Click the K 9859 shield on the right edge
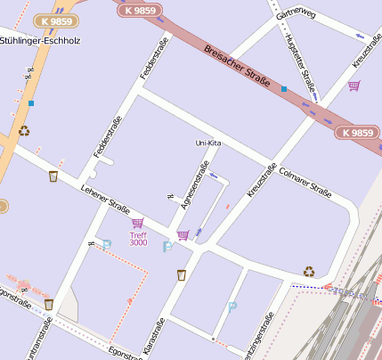358,132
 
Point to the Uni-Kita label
207,143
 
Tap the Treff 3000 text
138,238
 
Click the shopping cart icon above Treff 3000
137,223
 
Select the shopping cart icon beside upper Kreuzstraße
354,86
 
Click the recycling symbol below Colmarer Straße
308,271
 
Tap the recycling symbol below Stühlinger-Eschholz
24,131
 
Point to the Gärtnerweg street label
296,15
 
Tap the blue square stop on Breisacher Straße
283,89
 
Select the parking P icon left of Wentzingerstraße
232,307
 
